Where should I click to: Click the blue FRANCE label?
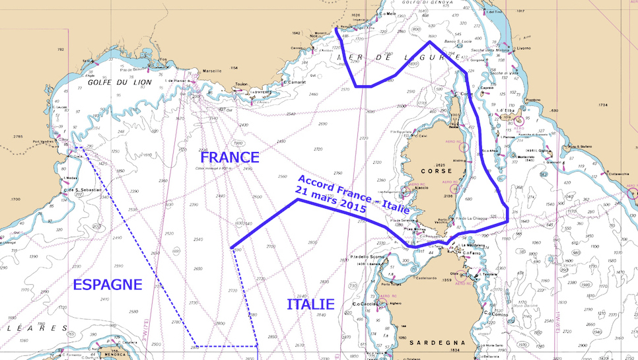(x=230, y=158)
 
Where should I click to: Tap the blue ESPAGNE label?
(x=107, y=285)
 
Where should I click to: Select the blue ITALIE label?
(x=310, y=305)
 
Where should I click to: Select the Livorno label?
(x=523, y=67)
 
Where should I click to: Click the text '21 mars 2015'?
(x=331, y=199)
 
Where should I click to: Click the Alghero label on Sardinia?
(x=396, y=303)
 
